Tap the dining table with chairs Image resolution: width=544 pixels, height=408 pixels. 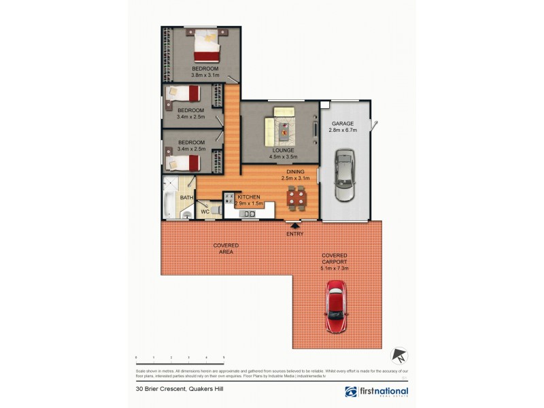(x=296, y=198)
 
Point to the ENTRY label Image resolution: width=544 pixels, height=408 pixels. (x=294, y=234)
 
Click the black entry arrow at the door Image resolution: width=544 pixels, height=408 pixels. (x=294, y=226)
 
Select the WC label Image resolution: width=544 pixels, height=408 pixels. (x=204, y=212)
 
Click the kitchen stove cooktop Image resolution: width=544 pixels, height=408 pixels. (x=229, y=199)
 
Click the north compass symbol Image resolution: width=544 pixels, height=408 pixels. (x=399, y=355)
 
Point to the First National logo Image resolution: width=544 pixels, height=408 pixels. (x=377, y=392)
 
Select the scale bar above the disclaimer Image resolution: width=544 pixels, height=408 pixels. (x=180, y=357)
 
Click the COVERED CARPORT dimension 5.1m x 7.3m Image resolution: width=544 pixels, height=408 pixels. (x=335, y=269)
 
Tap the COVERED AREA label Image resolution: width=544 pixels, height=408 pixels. (x=226, y=248)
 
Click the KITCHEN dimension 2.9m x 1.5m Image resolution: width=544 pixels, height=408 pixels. (x=249, y=203)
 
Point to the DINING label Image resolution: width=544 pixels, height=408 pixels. (x=296, y=172)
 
